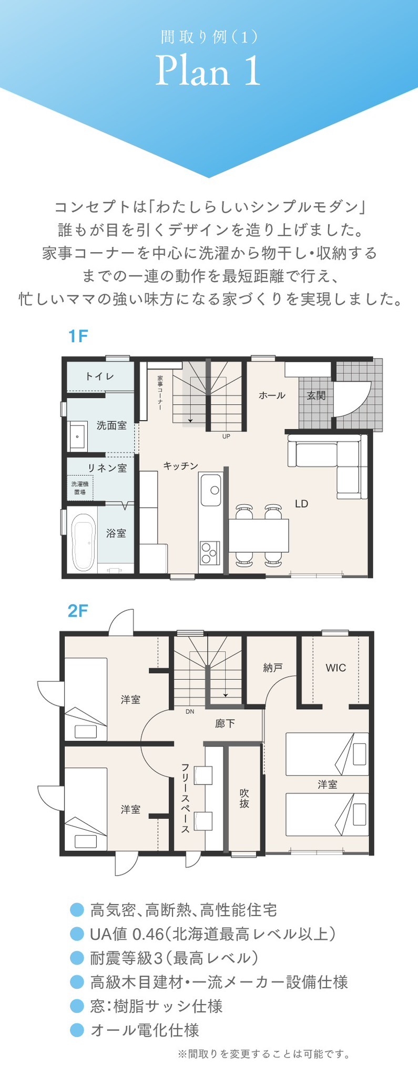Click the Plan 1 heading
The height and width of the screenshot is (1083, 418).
(x=208, y=72)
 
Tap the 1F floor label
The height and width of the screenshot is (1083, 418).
(x=77, y=336)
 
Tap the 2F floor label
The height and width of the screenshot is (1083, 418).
(x=78, y=611)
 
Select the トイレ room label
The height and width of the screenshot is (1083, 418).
(x=99, y=376)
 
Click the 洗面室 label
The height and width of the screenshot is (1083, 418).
(x=111, y=425)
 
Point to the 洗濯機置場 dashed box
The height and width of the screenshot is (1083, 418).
(x=80, y=488)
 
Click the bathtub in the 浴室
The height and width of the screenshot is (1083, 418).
(x=83, y=542)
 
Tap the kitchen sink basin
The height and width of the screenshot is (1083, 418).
(x=210, y=490)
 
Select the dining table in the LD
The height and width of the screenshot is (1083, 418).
(x=259, y=535)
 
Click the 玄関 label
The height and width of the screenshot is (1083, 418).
(x=316, y=395)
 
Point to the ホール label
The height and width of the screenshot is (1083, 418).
(x=272, y=395)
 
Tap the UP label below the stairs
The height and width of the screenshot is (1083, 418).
(x=226, y=436)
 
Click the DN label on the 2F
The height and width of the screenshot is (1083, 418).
(x=190, y=711)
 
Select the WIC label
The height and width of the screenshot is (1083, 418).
(x=335, y=668)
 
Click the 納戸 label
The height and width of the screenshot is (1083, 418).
(x=273, y=668)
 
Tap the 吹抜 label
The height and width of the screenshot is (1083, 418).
(x=244, y=798)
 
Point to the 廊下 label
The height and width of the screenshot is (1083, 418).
(x=225, y=724)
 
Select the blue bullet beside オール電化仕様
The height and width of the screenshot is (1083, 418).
(x=77, y=1030)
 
